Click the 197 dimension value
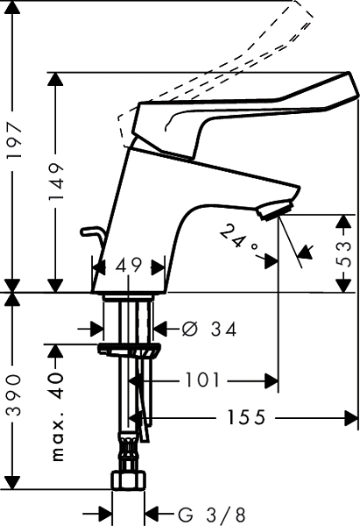click(x=14, y=141)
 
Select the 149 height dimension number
click(x=56, y=181)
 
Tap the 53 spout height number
click(x=344, y=254)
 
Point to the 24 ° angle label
click(x=239, y=239)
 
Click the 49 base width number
click(x=129, y=266)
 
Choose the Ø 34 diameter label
click(x=209, y=329)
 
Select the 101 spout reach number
click(x=202, y=380)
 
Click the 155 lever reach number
click(x=246, y=417)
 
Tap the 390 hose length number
click(x=14, y=394)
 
